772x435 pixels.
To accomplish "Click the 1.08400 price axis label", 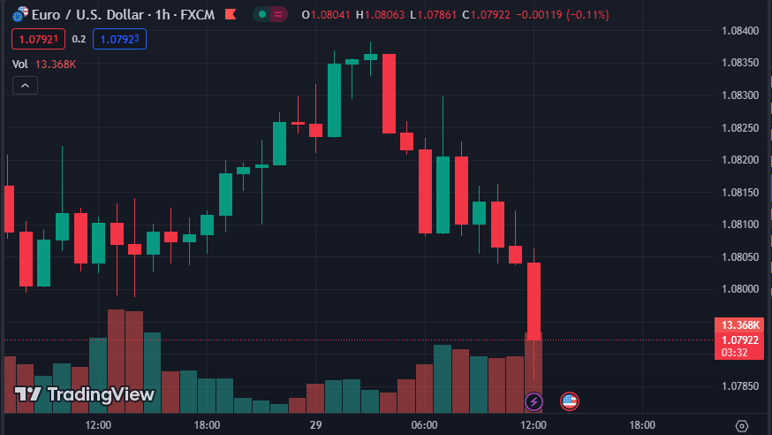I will click(740, 31).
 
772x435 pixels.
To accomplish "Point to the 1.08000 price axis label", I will click(740, 289).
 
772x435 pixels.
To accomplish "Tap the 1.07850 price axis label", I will click(740, 386).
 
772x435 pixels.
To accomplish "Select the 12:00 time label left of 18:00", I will click(98, 425).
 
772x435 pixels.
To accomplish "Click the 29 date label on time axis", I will click(315, 425).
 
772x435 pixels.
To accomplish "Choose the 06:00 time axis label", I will click(425, 425).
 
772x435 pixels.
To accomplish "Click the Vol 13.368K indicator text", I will click(44, 64).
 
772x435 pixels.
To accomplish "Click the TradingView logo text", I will click(85, 394).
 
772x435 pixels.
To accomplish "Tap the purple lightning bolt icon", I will click(534, 401).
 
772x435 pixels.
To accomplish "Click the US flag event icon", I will click(570, 401).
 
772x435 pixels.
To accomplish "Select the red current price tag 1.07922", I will click(741, 340).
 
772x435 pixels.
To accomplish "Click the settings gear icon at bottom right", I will click(742, 425).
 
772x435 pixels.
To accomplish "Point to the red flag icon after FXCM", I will click(231, 14).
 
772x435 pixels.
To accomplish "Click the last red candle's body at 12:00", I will click(534, 301).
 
